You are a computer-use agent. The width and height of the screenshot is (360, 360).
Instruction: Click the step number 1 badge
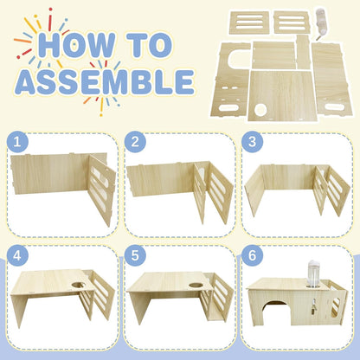(17, 142)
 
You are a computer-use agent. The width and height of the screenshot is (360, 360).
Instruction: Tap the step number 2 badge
(135, 142)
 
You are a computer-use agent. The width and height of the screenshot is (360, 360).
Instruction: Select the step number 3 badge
(252, 142)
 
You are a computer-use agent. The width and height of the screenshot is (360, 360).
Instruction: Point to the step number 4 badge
(17, 255)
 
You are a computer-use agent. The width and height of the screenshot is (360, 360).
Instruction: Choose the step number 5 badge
(135, 255)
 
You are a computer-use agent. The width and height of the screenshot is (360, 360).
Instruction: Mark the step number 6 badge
(252, 255)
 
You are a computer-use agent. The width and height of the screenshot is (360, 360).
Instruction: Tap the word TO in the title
(150, 45)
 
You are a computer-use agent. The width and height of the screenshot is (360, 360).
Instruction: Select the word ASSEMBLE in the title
(105, 81)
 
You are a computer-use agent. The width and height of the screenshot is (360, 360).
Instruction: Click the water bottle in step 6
(314, 274)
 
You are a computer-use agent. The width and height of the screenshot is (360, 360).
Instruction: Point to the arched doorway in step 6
(276, 312)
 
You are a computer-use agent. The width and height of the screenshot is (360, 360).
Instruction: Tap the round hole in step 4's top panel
(80, 285)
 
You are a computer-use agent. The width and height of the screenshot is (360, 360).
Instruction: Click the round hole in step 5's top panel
(198, 285)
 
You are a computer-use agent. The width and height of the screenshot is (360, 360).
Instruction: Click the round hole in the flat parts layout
(260, 110)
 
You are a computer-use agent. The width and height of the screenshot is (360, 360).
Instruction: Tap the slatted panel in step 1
(102, 189)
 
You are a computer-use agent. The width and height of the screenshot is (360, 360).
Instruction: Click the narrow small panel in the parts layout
(303, 52)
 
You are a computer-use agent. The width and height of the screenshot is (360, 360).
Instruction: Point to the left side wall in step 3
(254, 190)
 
